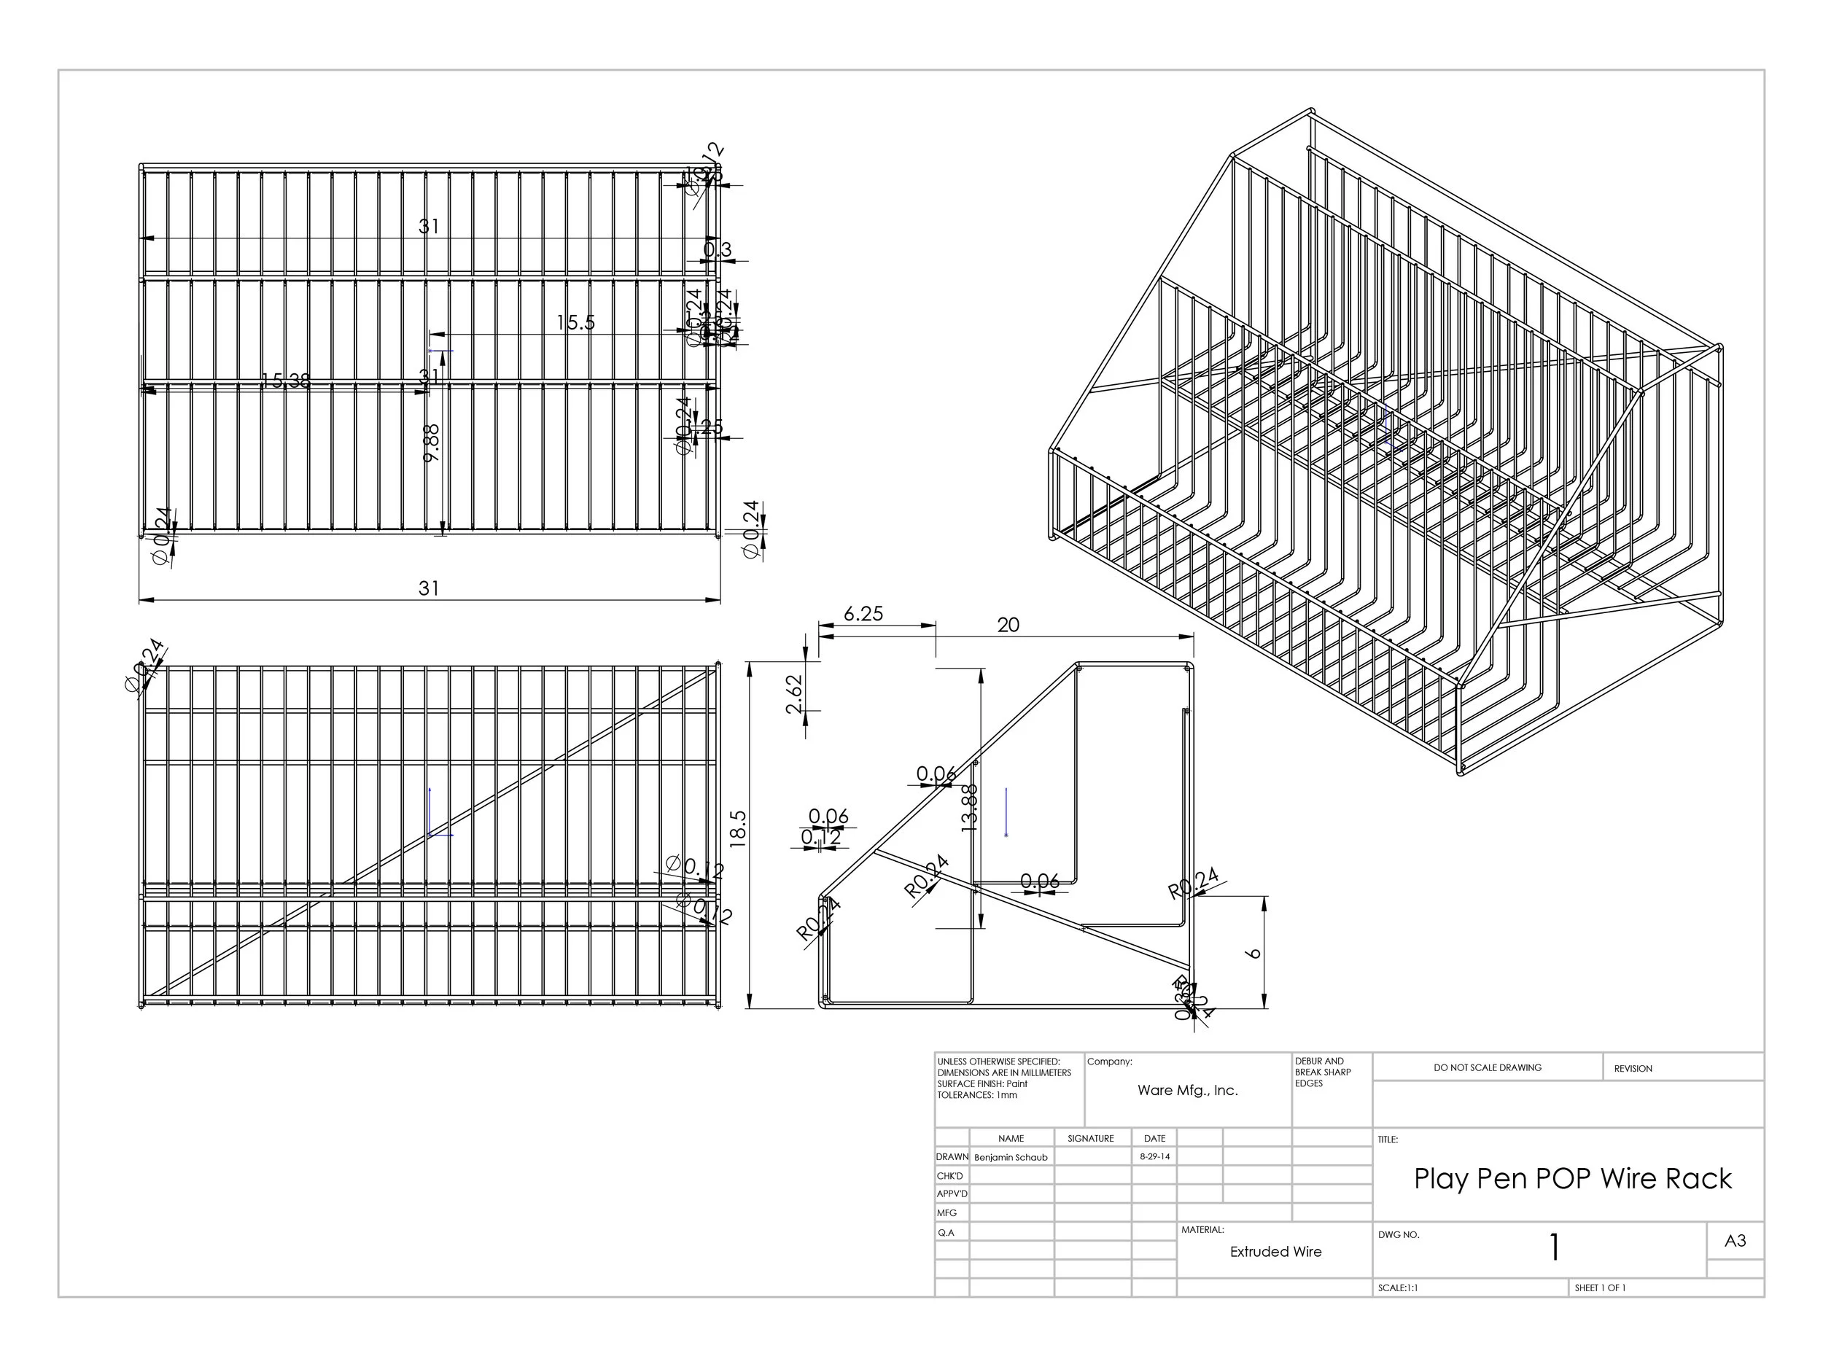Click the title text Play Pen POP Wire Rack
click(x=1572, y=1179)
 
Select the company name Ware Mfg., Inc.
click(x=1188, y=1090)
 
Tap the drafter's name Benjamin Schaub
click(x=1011, y=1157)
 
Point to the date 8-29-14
click(x=1154, y=1156)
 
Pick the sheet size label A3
click(x=1735, y=1241)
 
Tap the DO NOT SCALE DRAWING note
click(x=1488, y=1068)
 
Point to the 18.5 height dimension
click(x=739, y=829)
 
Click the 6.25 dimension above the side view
click(x=863, y=614)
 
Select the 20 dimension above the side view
click(x=1008, y=626)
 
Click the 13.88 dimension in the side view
click(x=970, y=808)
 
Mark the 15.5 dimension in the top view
click(x=575, y=323)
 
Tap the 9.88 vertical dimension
click(x=431, y=443)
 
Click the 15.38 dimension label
click(x=286, y=381)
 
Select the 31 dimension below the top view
click(x=429, y=588)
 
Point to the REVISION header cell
click(x=1633, y=1069)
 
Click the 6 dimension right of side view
click(x=1255, y=954)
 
